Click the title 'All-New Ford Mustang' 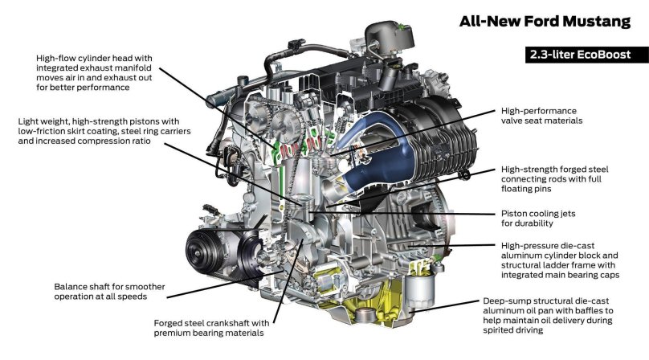coord(551,22)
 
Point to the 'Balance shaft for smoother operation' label coord(100,291)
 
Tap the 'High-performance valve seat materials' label coord(541,115)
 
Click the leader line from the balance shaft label coord(209,277)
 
